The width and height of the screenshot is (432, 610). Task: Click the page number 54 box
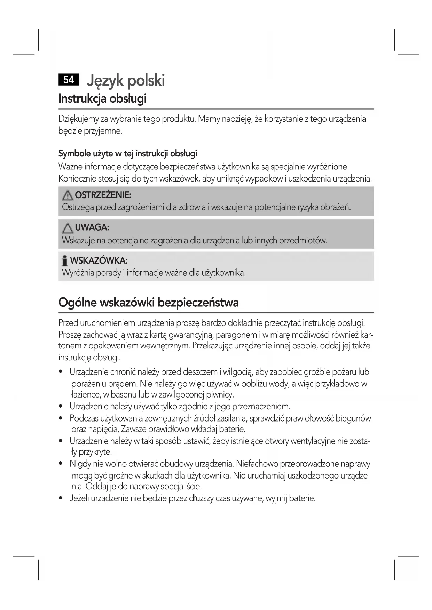point(69,80)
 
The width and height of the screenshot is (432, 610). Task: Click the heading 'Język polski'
point(126,81)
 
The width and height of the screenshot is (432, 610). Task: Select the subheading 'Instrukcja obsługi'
point(102,99)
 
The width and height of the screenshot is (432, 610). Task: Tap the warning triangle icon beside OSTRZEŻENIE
point(67,196)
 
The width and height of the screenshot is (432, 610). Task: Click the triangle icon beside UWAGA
point(68,228)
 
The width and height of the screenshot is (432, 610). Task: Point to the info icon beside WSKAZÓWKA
point(64,261)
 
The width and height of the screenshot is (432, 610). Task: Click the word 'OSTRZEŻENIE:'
point(103,195)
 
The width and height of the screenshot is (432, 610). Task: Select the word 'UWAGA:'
point(92,228)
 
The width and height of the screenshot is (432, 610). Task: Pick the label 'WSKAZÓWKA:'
point(99,260)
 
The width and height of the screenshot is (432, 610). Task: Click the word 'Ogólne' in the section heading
point(77,302)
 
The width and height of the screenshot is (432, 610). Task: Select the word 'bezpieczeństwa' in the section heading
point(198,302)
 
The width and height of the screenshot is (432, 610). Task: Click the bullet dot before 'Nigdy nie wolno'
point(61,464)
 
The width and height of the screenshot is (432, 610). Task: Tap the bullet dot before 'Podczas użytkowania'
point(61,418)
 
